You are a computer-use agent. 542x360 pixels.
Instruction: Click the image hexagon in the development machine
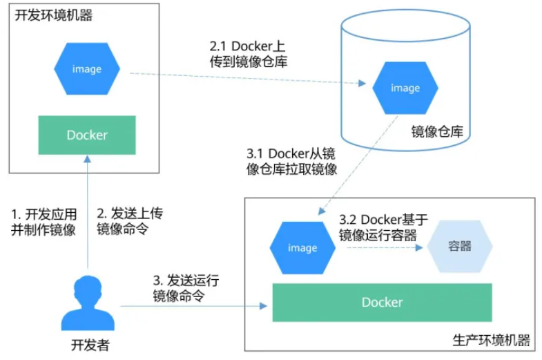87,68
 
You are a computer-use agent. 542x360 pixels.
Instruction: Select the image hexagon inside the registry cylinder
405,88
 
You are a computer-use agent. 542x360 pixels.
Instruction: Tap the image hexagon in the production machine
302,247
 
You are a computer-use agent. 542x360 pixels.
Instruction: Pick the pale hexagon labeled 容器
460,246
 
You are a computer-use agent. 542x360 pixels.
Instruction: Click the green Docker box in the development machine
87,135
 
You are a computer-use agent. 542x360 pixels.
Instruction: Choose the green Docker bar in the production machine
383,302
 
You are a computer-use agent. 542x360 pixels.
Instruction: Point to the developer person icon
88,303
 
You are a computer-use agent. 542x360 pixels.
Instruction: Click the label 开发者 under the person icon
90,345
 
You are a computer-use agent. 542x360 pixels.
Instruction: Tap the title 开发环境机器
54,15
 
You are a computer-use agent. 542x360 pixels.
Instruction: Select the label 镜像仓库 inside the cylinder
437,131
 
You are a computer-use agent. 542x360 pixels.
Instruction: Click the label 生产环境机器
491,340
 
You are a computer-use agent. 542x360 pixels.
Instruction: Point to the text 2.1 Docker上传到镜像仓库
249,54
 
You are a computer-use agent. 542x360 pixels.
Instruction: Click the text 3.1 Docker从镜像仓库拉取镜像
292,161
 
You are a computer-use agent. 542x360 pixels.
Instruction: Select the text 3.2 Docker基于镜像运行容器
384,227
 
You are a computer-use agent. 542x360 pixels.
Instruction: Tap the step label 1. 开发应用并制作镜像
44,222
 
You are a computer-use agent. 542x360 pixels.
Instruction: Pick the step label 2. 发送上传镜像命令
130,221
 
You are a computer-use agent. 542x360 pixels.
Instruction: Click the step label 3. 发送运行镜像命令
186,287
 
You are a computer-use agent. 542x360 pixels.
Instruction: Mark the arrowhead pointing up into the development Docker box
88,159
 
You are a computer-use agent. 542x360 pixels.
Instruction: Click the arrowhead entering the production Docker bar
263,306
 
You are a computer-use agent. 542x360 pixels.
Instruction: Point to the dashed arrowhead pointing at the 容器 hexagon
419,247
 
